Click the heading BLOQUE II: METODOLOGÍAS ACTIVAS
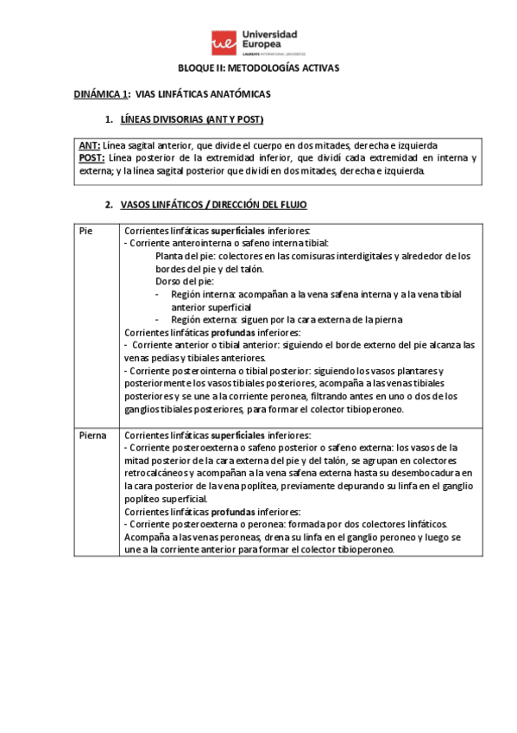pos(259,67)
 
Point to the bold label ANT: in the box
pos(89,145)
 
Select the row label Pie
pos(85,232)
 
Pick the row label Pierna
pos(92,435)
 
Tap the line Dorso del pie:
pos(185,282)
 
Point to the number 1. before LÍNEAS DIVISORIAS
pos(109,118)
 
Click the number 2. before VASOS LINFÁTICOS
pos(109,205)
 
